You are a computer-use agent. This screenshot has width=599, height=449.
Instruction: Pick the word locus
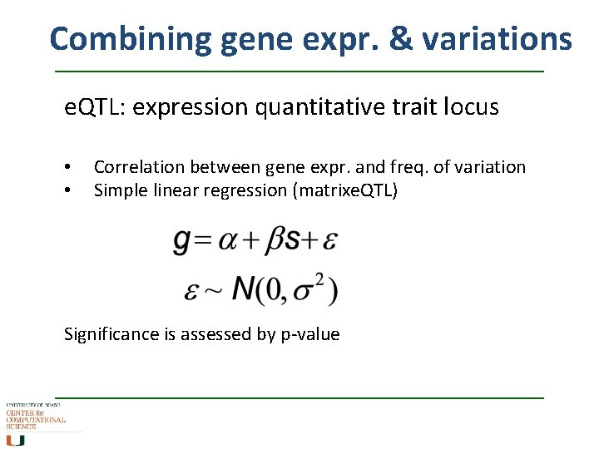(x=470, y=107)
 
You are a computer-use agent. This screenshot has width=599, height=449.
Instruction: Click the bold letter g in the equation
(x=182, y=241)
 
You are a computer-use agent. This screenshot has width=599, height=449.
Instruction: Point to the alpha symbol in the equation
(x=230, y=242)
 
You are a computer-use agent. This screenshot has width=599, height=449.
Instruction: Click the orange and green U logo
(x=16, y=440)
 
